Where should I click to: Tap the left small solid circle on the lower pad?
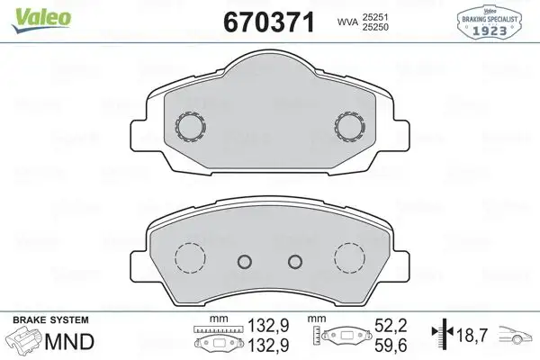(x=242, y=262)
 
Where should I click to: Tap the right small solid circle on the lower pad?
(x=294, y=262)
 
